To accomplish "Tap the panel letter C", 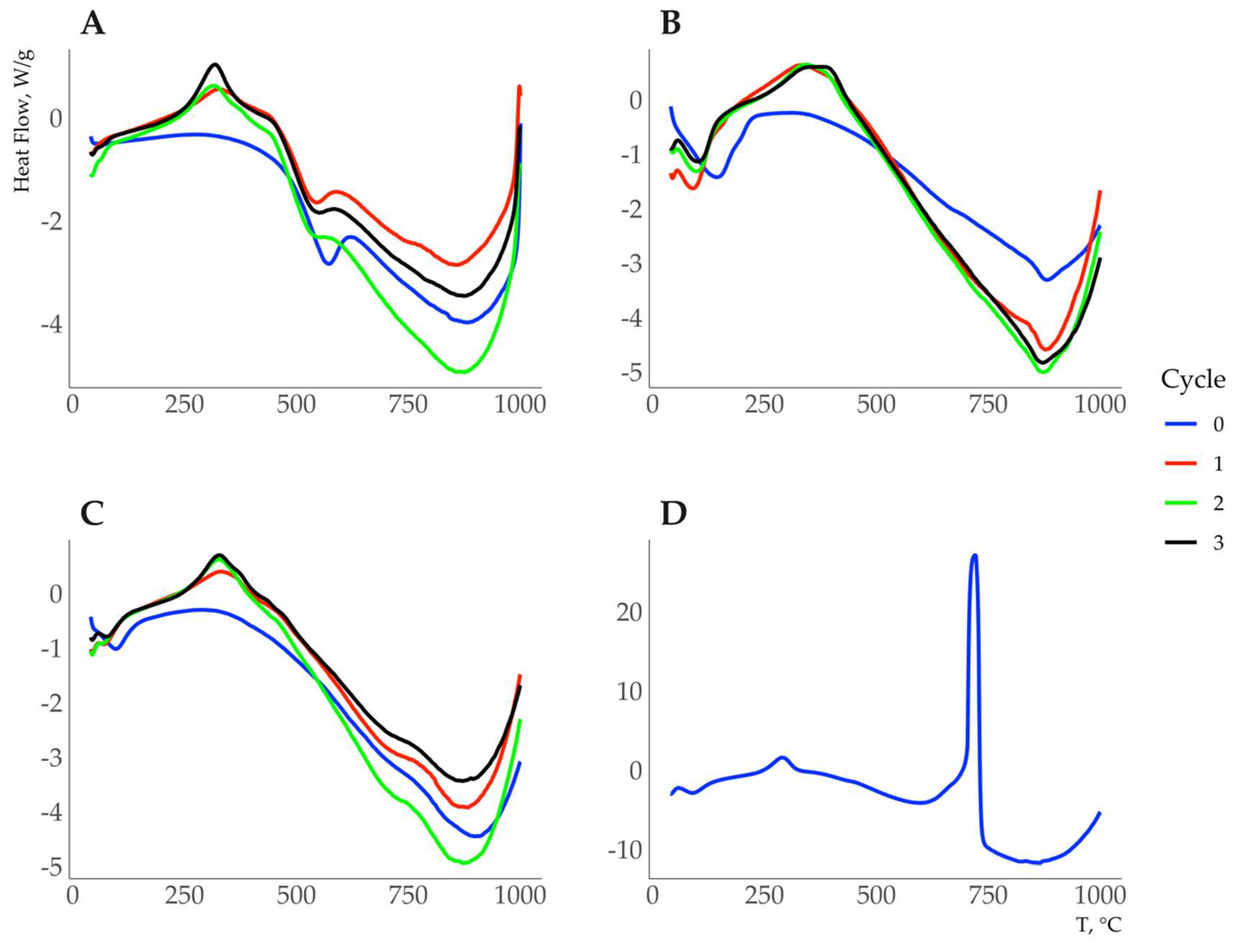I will coord(93,513).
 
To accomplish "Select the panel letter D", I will coord(673,513).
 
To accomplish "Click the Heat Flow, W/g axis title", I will coord(23,120).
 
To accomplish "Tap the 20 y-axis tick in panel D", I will coord(629,613).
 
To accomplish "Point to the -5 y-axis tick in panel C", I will coord(51,868).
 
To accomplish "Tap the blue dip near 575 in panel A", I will coord(328,264).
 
